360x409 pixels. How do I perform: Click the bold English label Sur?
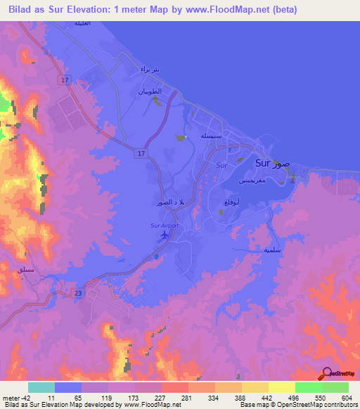[x=262, y=163]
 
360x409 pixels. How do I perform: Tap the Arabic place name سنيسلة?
[x=214, y=136]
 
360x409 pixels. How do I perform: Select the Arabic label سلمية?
[x=273, y=250]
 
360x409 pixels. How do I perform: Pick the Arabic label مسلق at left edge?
[x=14, y=269]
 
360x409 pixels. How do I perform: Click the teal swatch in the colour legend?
[x=41, y=387]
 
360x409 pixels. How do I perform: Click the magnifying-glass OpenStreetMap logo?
[x=327, y=374]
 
